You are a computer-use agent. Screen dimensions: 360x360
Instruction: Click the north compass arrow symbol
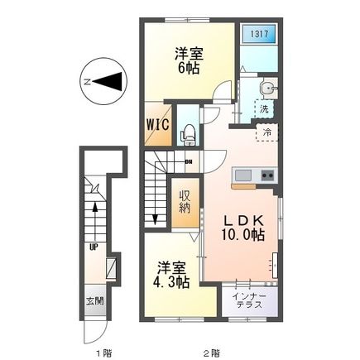(x=105, y=81)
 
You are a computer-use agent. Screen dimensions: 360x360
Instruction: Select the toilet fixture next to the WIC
(x=188, y=130)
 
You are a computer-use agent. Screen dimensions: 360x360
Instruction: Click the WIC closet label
(x=158, y=124)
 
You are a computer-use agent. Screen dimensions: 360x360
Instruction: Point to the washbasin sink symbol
(x=265, y=89)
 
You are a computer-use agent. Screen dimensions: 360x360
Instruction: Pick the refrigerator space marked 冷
(x=267, y=132)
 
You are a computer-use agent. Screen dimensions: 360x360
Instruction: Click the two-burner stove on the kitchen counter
(x=268, y=175)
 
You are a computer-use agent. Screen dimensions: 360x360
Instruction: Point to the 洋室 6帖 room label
(x=188, y=60)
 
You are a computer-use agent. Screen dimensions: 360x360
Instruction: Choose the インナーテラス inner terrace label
(x=248, y=300)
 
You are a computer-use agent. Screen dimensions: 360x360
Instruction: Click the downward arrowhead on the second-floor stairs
(x=156, y=221)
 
